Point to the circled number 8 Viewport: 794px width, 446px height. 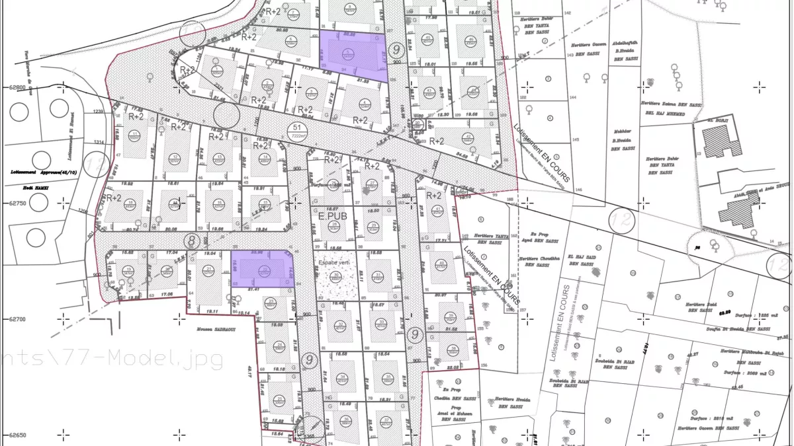(x=193, y=241)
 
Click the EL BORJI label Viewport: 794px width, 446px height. (x=718, y=120)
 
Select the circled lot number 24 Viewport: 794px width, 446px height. (x=280, y=345)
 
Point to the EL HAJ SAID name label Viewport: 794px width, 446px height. (x=580, y=258)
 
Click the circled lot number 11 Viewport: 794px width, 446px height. (x=135, y=135)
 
